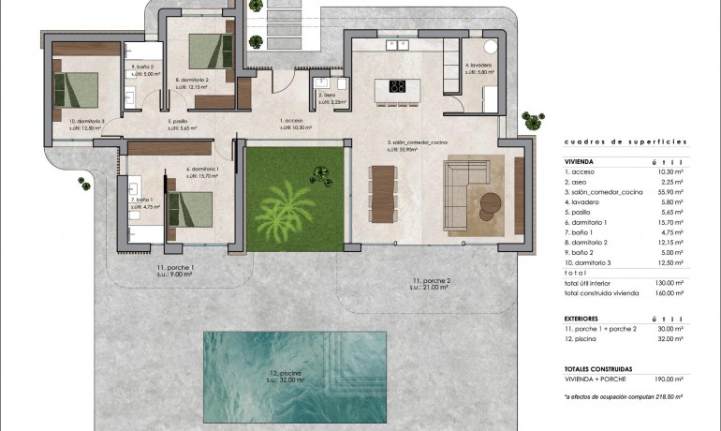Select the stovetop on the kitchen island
coord(397,88)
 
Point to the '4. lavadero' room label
coord(478,67)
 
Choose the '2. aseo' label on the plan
coord(328,97)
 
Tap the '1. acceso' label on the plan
coord(292,124)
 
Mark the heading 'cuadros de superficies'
coord(625,141)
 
